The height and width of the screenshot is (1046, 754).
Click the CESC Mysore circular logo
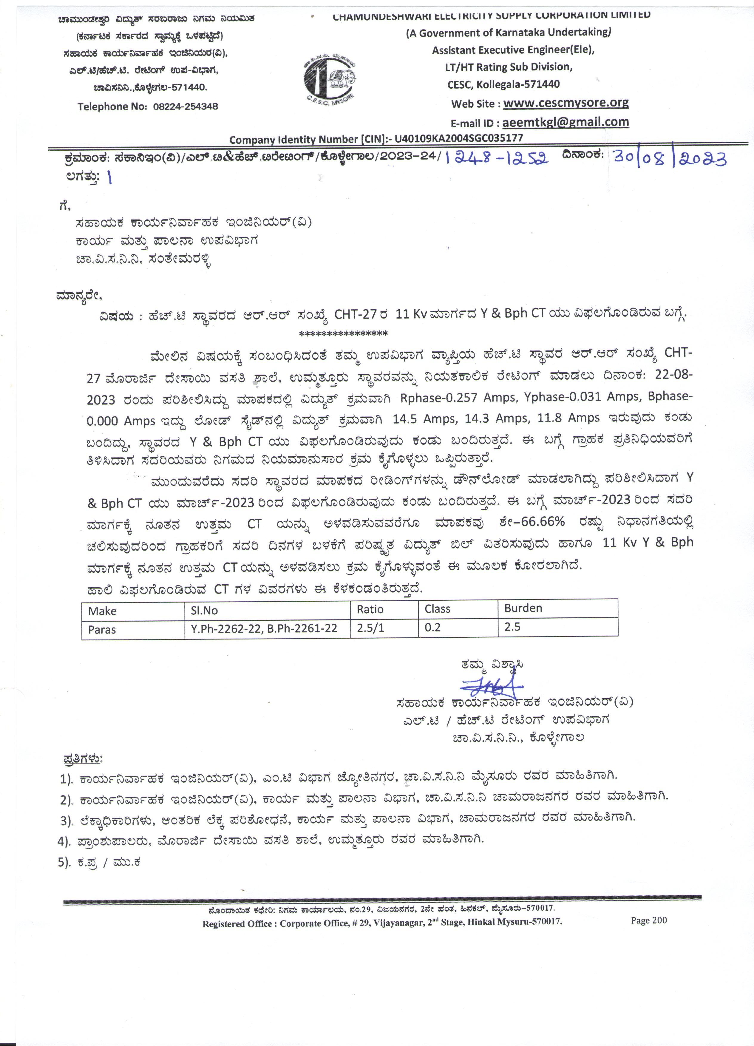click(330, 79)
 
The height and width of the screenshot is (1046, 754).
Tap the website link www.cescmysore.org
click(566, 103)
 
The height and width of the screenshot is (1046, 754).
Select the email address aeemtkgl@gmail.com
click(565, 122)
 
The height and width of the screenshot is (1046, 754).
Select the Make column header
click(102, 611)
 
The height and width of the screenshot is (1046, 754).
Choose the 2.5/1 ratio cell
click(370, 628)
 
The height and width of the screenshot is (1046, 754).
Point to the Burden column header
click(523, 608)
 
